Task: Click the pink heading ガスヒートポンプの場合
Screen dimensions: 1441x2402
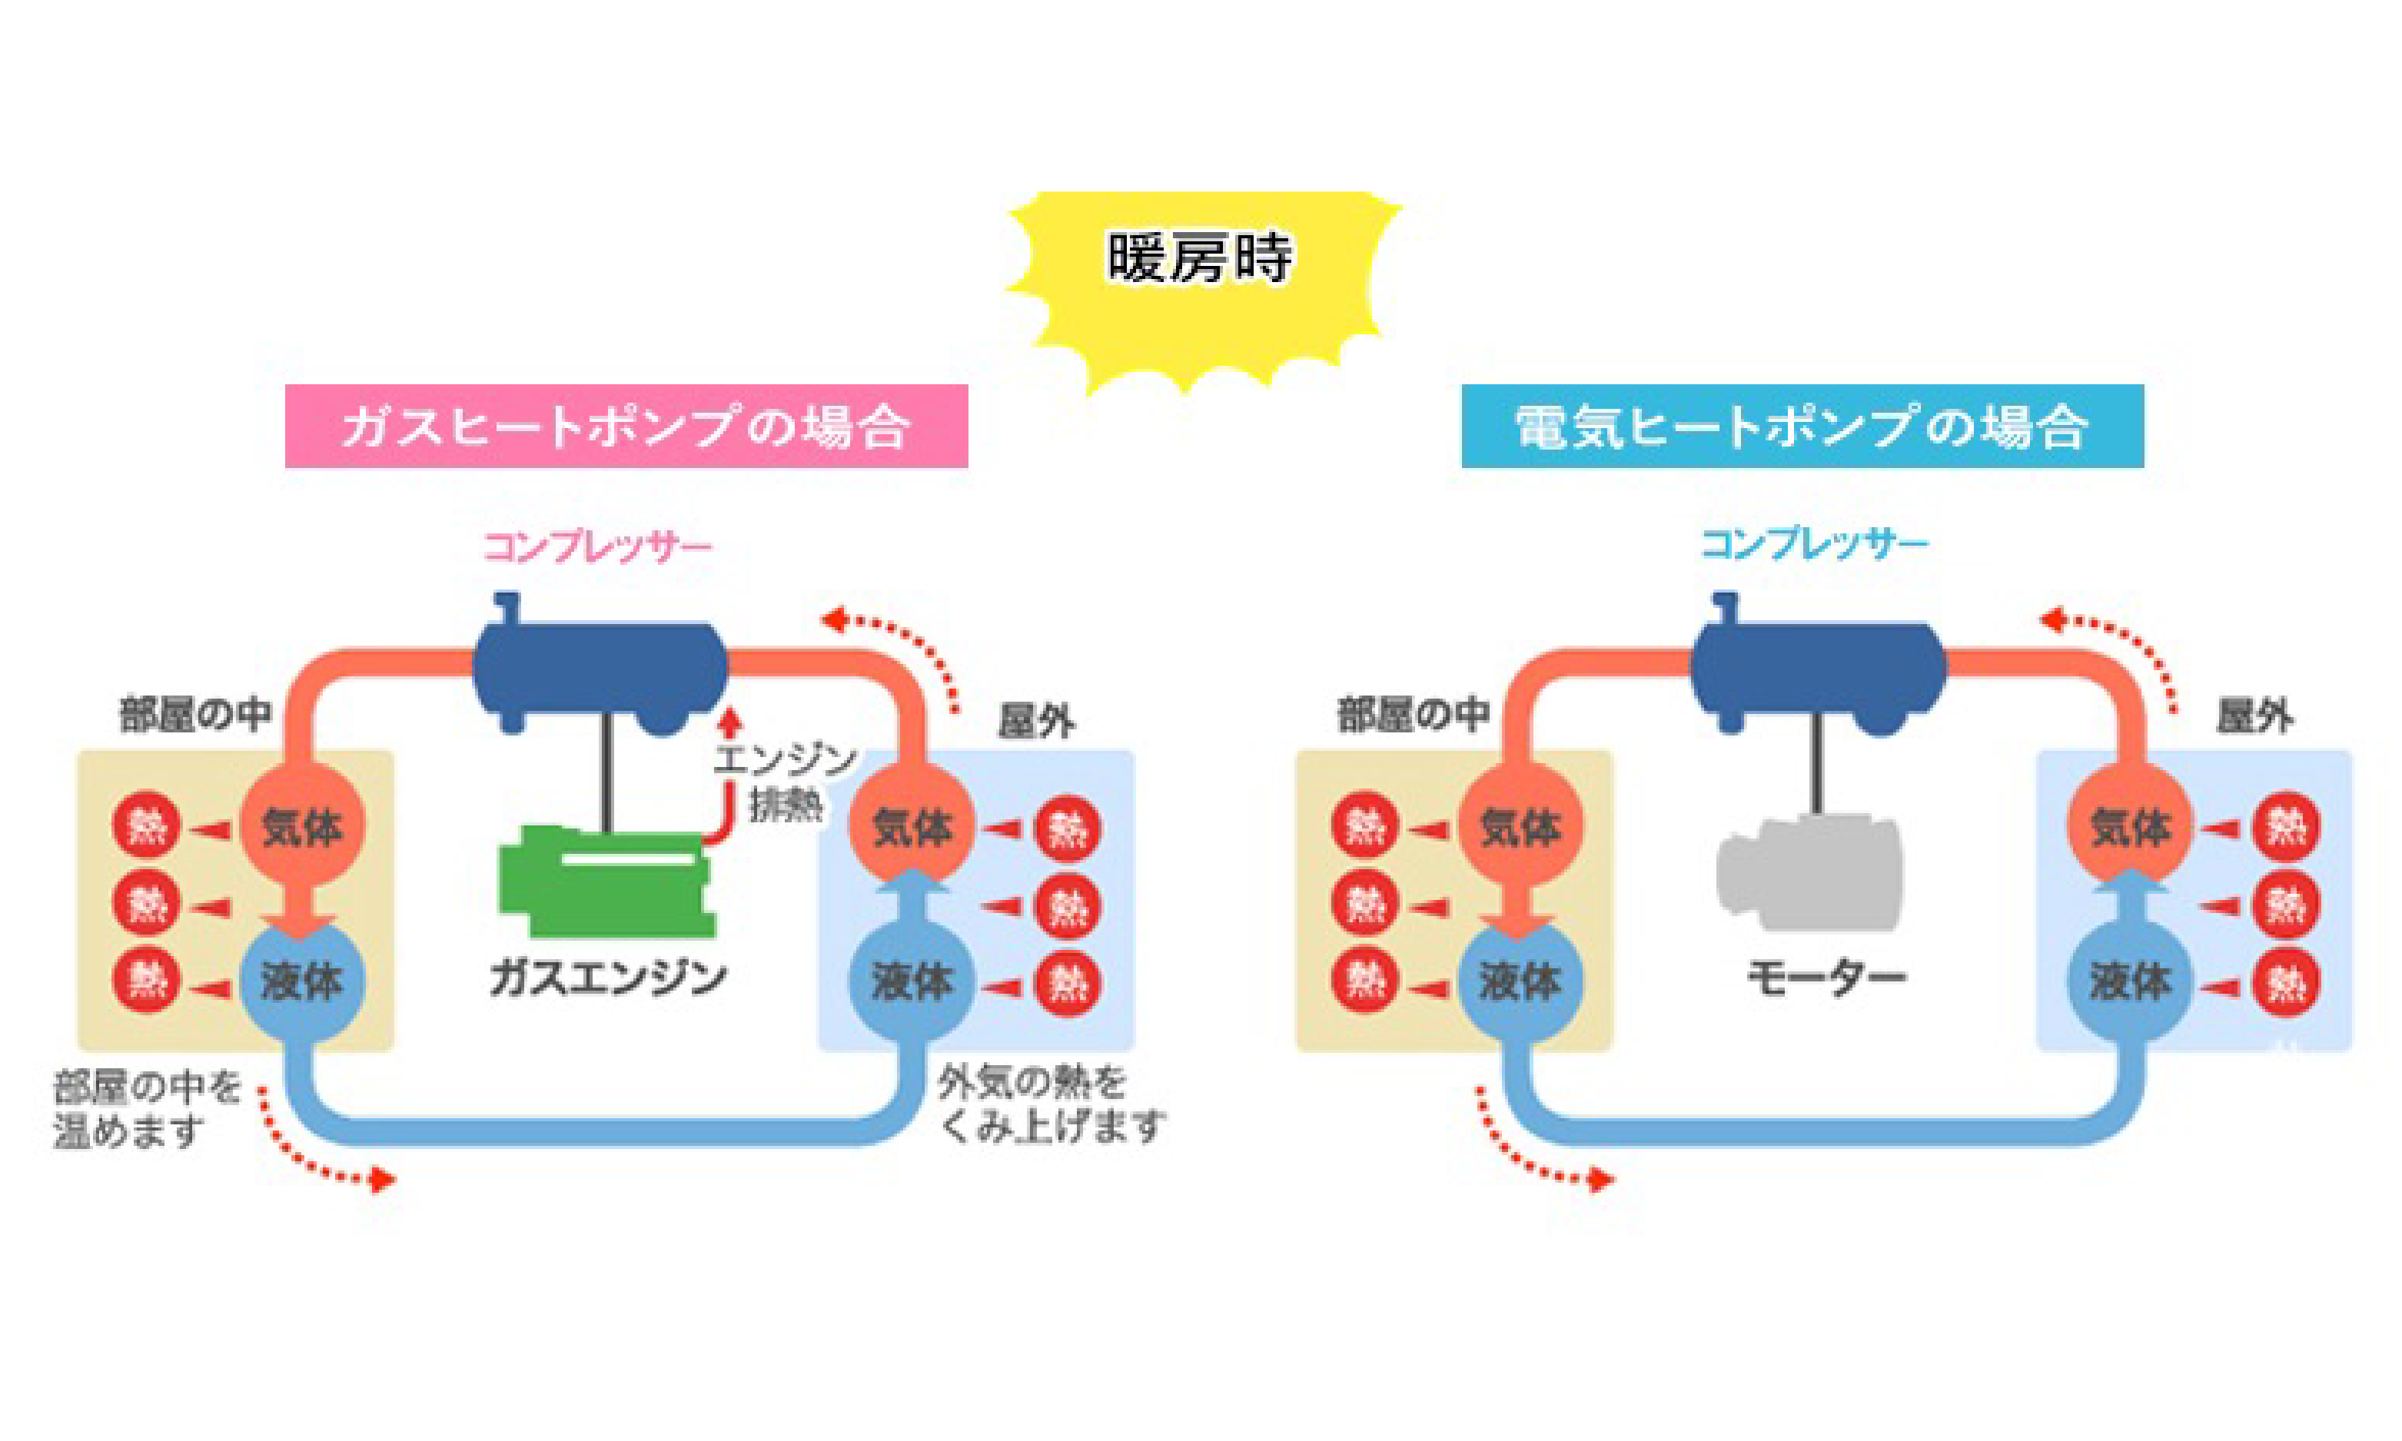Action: point(626,427)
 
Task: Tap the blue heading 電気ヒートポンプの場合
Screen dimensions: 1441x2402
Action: point(1802,427)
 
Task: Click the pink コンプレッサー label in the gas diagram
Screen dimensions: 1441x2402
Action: point(598,546)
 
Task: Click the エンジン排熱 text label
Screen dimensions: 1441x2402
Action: point(785,782)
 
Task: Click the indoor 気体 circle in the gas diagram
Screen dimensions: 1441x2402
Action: point(302,826)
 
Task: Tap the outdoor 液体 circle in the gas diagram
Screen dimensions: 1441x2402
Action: point(911,981)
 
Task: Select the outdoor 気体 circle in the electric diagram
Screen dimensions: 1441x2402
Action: point(2129,826)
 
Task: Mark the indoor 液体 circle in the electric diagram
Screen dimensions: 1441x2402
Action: point(1520,981)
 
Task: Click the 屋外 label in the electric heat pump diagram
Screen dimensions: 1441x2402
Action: point(2254,718)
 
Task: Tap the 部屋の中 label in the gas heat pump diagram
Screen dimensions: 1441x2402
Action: point(195,714)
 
